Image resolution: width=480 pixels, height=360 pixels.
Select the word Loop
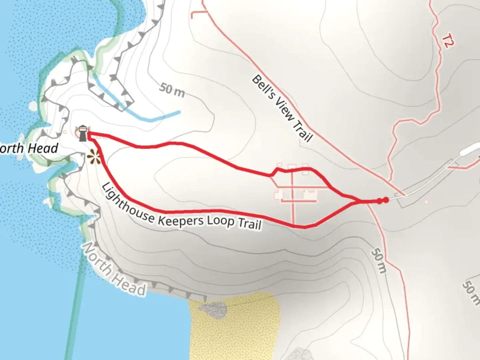click(x=220, y=221)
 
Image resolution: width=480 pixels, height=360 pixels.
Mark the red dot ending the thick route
click(x=386, y=200)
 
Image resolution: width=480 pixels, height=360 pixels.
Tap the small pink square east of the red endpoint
click(x=426, y=202)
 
